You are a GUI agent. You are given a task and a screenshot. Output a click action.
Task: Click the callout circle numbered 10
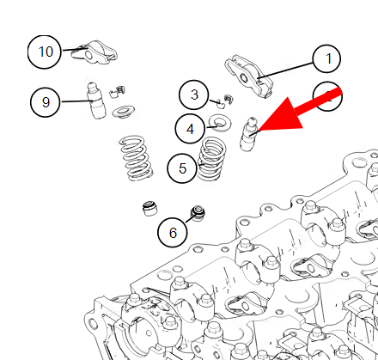tap(45, 52)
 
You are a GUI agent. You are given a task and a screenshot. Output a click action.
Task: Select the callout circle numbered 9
tap(46, 102)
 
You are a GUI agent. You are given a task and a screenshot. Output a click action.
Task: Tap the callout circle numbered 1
tap(326, 58)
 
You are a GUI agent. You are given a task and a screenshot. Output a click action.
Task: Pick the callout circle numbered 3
tap(194, 95)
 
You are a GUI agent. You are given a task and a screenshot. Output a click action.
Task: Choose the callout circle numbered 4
tap(190, 129)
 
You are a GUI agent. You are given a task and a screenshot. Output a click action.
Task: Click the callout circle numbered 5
tap(182, 168)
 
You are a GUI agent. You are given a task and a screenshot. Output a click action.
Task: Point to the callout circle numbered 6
tap(173, 232)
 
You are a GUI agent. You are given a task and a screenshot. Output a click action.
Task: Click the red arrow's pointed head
tap(259, 131)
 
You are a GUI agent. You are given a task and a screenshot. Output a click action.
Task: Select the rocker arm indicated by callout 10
tap(94, 52)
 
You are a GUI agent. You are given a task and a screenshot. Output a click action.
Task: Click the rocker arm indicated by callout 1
tap(248, 76)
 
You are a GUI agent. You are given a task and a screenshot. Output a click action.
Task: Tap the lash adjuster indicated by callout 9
tap(96, 101)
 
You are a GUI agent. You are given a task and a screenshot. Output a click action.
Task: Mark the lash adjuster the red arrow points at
tap(248, 134)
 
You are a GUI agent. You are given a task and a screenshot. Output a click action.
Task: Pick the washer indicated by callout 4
tap(220, 123)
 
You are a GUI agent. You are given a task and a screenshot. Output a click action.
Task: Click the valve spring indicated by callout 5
tap(211, 158)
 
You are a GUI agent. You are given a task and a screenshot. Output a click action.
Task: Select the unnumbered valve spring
tap(136, 158)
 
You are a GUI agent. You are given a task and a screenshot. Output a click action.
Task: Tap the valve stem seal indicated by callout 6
tap(198, 213)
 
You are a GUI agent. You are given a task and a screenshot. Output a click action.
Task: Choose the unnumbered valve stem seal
tap(149, 209)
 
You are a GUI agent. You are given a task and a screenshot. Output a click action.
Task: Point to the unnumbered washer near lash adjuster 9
tap(124, 111)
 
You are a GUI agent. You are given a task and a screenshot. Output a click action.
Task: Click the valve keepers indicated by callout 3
tap(224, 101)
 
